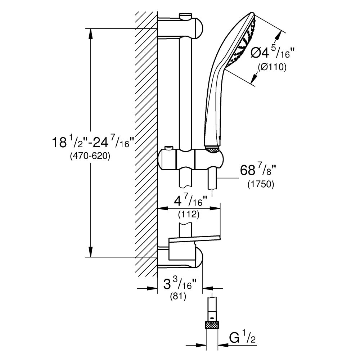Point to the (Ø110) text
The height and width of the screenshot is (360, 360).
(272, 67)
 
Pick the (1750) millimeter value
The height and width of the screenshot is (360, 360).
(261, 185)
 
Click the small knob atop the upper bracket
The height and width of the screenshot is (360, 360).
(186, 15)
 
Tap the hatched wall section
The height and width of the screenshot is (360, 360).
(146, 144)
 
